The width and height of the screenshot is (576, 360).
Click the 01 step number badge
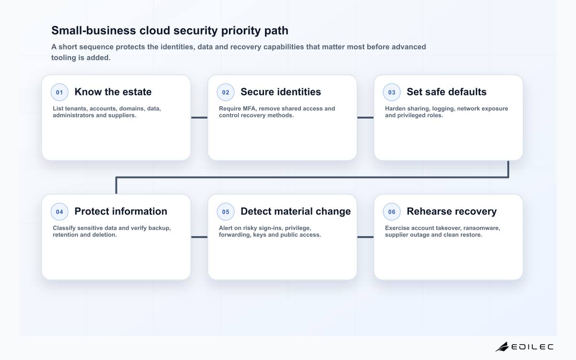click(x=60, y=92)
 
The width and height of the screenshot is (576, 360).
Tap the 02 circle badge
click(x=226, y=92)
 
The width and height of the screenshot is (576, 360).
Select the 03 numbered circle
click(x=392, y=92)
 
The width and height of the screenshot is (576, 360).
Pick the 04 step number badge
click(x=60, y=212)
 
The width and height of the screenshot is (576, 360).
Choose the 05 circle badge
click(x=226, y=212)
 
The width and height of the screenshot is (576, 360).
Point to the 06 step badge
click(x=392, y=212)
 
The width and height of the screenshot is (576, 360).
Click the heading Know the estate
click(x=113, y=92)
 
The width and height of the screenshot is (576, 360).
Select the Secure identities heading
click(x=281, y=92)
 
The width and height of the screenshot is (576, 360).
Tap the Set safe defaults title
click(x=447, y=92)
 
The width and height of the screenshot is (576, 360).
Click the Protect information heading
click(x=121, y=211)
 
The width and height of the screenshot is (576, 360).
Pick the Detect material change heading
click(x=296, y=211)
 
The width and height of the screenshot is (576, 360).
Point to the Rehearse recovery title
click(x=452, y=211)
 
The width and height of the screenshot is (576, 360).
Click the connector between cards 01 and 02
click(x=199, y=118)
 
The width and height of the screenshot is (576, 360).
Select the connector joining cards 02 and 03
click(x=365, y=118)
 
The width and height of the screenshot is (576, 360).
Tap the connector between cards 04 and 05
click(x=199, y=237)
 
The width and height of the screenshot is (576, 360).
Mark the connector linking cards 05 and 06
click(x=365, y=237)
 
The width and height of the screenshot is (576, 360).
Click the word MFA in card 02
click(x=249, y=108)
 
